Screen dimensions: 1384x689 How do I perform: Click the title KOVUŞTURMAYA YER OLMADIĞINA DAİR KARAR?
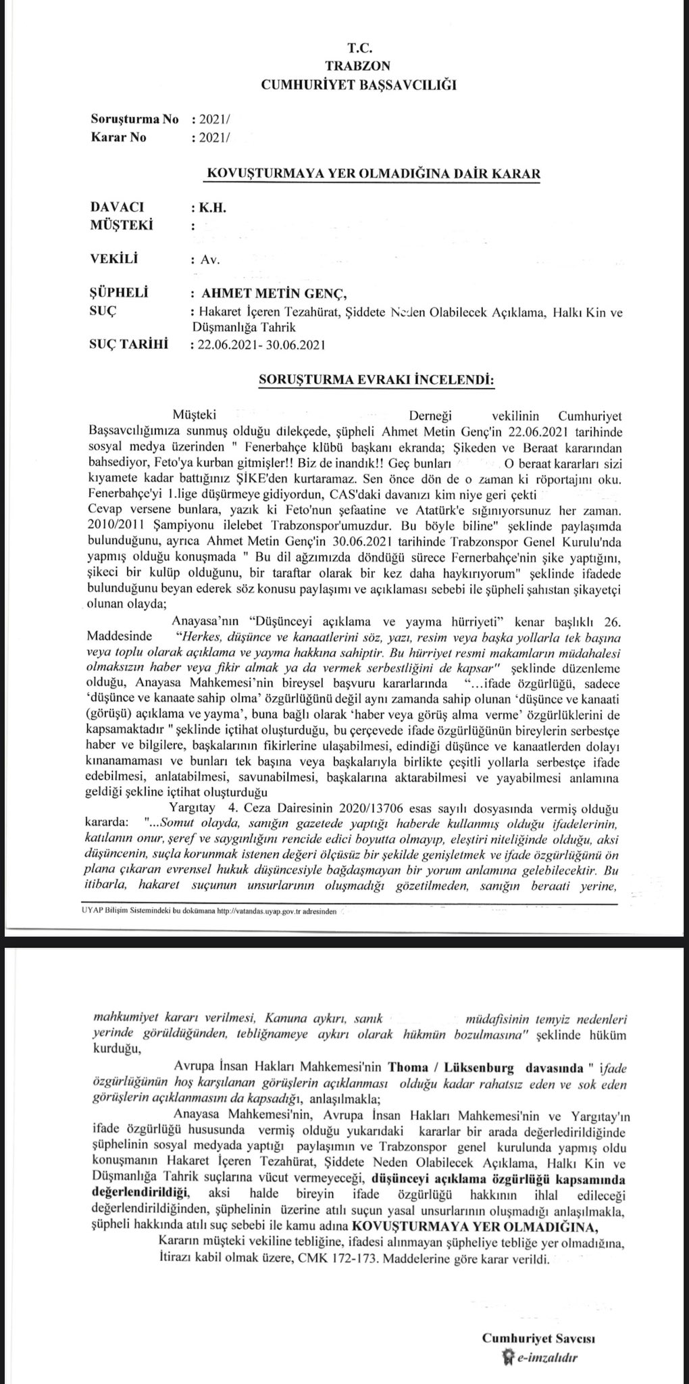[x=373, y=174]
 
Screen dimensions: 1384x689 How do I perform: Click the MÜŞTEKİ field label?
[x=122, y=225]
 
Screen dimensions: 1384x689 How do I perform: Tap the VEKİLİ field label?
[x=114, y=258]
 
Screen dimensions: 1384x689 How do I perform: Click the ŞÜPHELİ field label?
[x=119, y=293]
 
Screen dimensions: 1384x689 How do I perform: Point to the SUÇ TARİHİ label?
[x=129, y=345]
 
